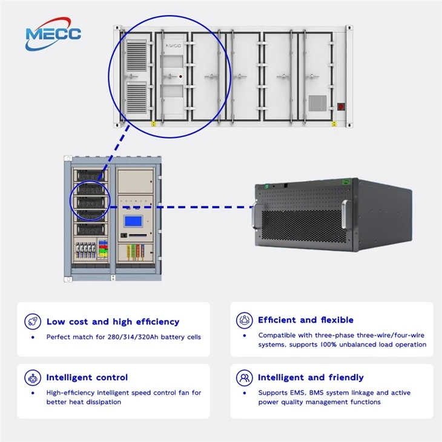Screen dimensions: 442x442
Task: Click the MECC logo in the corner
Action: pyautogui.click(x=53, y=34)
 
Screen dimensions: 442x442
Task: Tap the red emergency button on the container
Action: pyautogui.click(x=341, y=107)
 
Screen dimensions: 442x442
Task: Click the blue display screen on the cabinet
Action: pyautogui.click(x=133, y=221)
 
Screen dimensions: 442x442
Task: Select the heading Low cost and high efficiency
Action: pyautogui.click(x=113, y=322)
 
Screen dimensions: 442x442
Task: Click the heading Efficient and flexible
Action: pyautogui.click(x=306, y=320)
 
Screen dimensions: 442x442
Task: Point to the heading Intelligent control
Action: pyautogui.click(x=87, y=377)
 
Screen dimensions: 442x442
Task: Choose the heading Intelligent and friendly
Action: pyautogui.click(x=311, y=377)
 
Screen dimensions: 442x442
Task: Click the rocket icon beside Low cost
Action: pyautogui.click(x=33, y=322)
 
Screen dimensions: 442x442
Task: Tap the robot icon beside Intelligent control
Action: pyautogui.click(x=33, y=378)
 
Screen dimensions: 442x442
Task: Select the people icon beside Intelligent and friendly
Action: pyautogui.click(x=245, y=378)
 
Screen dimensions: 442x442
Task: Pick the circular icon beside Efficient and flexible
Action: pyautogui.click(x=245, y=320)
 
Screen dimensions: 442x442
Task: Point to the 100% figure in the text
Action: pyautogui.click(x=328, y=345)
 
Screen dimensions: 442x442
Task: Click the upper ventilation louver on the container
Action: pyautogui.click(x=136, y=56)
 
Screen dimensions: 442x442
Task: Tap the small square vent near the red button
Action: pyautogui.click(x=318, y=103)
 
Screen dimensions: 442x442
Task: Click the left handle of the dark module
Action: pyautogui.click(x=255, y=215)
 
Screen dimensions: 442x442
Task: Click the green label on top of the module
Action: pyautogui.click(x=346, y=182)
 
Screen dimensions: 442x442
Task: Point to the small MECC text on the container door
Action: pyautogui.click(x=173, y=45)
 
